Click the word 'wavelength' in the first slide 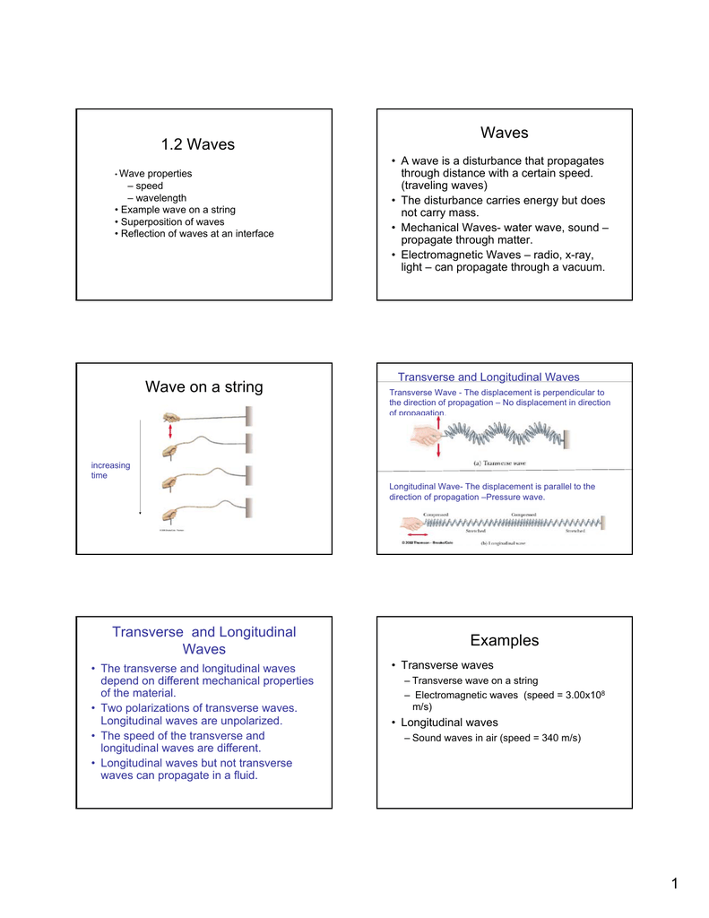161,197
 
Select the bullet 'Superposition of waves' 172,221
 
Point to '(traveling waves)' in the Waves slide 445,186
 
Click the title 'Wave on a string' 204,387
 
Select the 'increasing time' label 110,471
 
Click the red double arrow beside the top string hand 169,432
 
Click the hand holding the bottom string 170,515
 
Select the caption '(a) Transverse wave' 499,463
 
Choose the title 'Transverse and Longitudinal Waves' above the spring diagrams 489,377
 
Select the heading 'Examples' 505,640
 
